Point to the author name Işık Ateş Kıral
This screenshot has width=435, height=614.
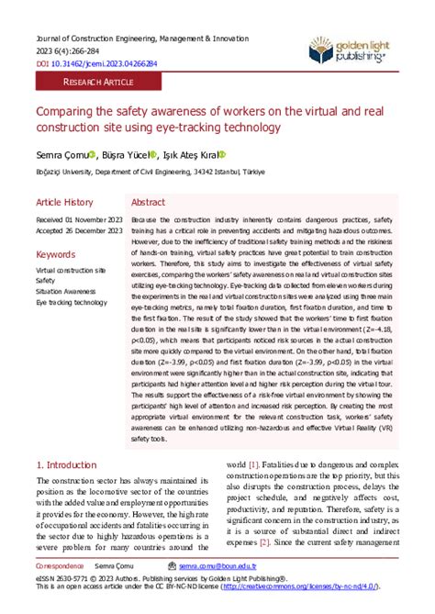[187, 155]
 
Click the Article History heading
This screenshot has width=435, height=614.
[64, 202]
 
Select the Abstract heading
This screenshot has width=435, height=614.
[149, 202]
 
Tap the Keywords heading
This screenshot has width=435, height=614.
[55, 253]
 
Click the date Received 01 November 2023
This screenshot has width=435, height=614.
[79, 220]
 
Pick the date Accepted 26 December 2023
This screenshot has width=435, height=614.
[79, 231]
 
